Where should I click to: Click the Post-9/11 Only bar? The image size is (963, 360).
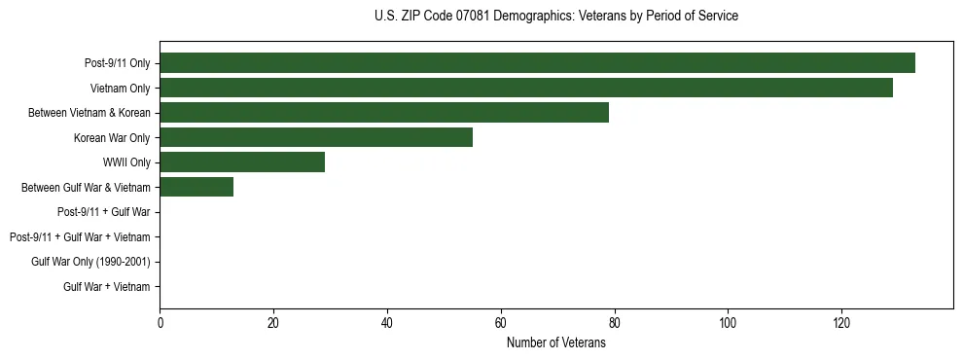(537, 63)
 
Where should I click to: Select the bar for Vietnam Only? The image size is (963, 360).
(526, 89)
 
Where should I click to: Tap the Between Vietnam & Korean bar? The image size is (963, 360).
(384, 113)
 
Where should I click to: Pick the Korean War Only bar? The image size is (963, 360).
(316, 138)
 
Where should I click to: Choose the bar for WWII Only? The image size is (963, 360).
(242, 162)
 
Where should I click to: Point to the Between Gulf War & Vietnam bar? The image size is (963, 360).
(196, 188)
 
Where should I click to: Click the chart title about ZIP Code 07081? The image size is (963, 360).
(555, 17)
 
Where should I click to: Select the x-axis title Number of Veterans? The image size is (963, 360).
(555, 342)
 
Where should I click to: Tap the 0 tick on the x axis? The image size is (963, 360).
(160, 322)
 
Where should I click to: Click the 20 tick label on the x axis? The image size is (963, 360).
(273, 322)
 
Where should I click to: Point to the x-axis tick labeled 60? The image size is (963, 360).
(501, 322)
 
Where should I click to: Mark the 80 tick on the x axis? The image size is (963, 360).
(615, 322)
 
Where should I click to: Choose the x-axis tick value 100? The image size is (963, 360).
(728, 322)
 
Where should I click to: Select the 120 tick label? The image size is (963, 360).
(841, 322)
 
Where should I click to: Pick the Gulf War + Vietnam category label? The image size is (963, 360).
(107, 287)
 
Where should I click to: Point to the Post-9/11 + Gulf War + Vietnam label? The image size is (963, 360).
(80, 237)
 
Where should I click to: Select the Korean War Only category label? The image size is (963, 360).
(112, 138)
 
